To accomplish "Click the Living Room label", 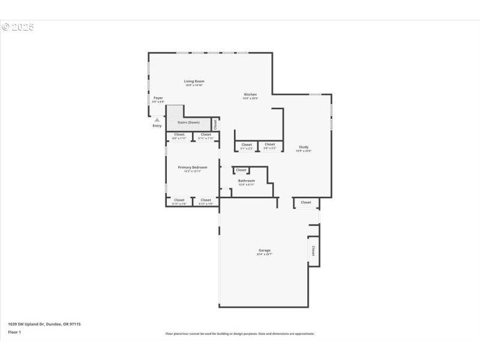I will (x=194, y=81).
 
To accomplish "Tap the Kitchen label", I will (x=250, y=94).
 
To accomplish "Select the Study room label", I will (x=304, y=148).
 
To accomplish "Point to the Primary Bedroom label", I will (x=193, y=167).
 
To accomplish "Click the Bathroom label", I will (x=246, y=181).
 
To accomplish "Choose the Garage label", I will (x=264, y=250).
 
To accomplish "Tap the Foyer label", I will (x=158, y=98).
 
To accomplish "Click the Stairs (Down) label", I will (x=188, y=122).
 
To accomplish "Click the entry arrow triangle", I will (x=157, y=120).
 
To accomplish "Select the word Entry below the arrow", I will (x=157, y=126).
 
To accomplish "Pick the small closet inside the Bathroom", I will (x=241, y=170).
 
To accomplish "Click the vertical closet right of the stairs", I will (x=215, y=124).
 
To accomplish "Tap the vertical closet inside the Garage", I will (x=313, y=250).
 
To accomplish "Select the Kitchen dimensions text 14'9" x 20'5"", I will (x=250, y=98).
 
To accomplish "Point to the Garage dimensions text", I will (x=264, y=254).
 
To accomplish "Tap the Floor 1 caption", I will (x=14, y=332).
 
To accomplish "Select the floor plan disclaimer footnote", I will (x=239, y=334).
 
